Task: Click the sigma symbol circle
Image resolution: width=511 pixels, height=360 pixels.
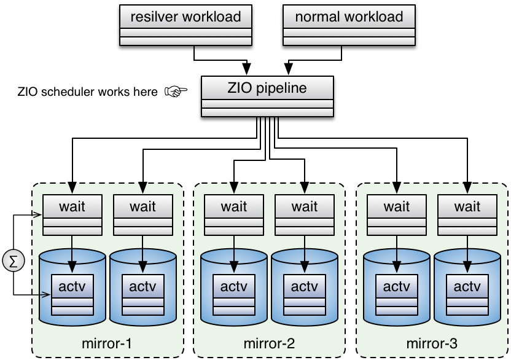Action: coord(14,260)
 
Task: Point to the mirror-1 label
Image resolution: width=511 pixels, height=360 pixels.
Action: coord(107,343)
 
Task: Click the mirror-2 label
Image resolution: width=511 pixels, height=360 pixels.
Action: coord(270,343)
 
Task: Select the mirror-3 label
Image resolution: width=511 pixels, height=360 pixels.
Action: coord(432,343)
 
